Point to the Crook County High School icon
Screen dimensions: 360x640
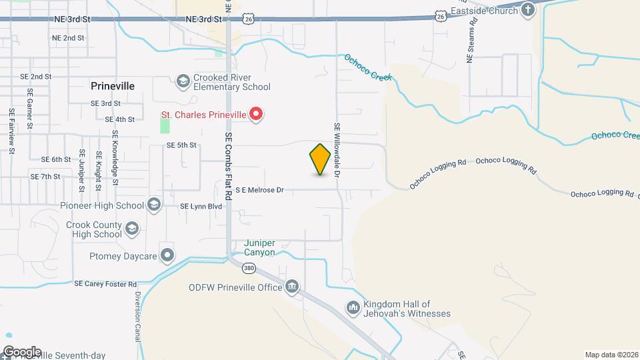(x=132, y=229)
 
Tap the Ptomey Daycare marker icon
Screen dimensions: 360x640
(x=167, y=255)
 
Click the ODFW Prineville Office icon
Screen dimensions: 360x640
(x=292, y=287)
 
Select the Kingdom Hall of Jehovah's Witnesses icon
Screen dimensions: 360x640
(x=353, y=308)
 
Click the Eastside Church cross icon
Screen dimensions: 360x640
(x=528, y=10)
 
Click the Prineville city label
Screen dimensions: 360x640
(x=113, y=87)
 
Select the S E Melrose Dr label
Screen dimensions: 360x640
(x=260, y=190)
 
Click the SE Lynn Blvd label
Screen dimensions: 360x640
(x=201, y=207)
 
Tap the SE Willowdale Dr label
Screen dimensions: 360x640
(x=337, y=150)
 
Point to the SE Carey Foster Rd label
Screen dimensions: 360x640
(x=105, y=283)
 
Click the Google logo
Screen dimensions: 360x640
(x=21, y=351)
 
